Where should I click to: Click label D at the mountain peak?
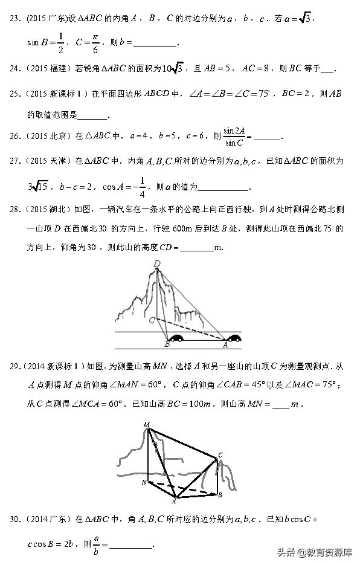pyautogui.click(x=157, y=263)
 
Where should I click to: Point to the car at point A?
pyautogui.click(x=233, y=338)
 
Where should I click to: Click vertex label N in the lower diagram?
pyautogui.click(x=144, y=482)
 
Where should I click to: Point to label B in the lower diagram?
pyautogui.click(x=220, y=495)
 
